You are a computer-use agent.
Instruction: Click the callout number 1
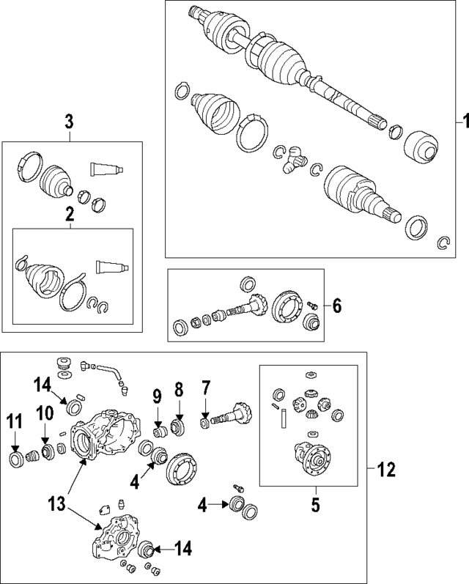(x=462, y=120)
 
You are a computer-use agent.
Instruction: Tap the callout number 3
(x=69, y=122)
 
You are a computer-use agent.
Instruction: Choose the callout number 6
(x=336, y=306)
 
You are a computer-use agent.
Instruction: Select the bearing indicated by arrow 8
(x=177, y=425)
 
